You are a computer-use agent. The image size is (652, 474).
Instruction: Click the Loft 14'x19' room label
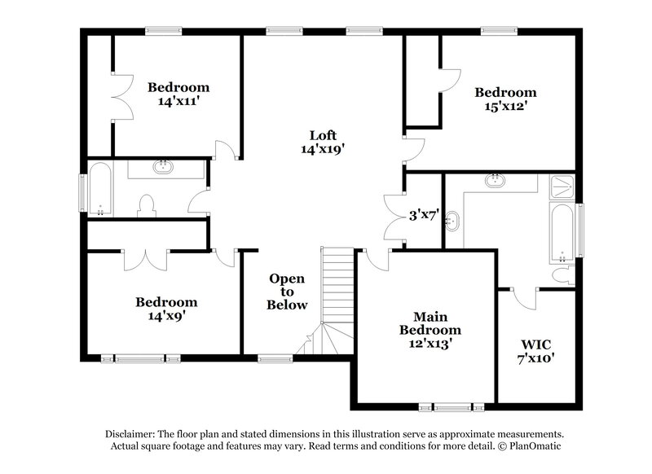(322, 142)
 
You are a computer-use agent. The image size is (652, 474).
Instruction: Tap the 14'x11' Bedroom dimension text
(178, 102)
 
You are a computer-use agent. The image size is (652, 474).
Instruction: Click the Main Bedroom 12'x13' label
(430, 330)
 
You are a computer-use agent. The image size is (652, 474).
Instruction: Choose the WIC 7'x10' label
(535, 350)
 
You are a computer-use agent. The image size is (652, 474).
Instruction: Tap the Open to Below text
(289, 292)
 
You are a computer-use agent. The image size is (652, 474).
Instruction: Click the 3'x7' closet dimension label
(424, 216)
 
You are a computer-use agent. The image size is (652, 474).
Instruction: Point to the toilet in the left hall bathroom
(148, 206)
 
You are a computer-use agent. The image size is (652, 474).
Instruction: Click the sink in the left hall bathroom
(165, 169)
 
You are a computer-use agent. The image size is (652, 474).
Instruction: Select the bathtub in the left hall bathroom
(102, 191)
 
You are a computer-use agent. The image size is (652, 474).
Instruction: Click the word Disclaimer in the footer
(134, 434)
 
